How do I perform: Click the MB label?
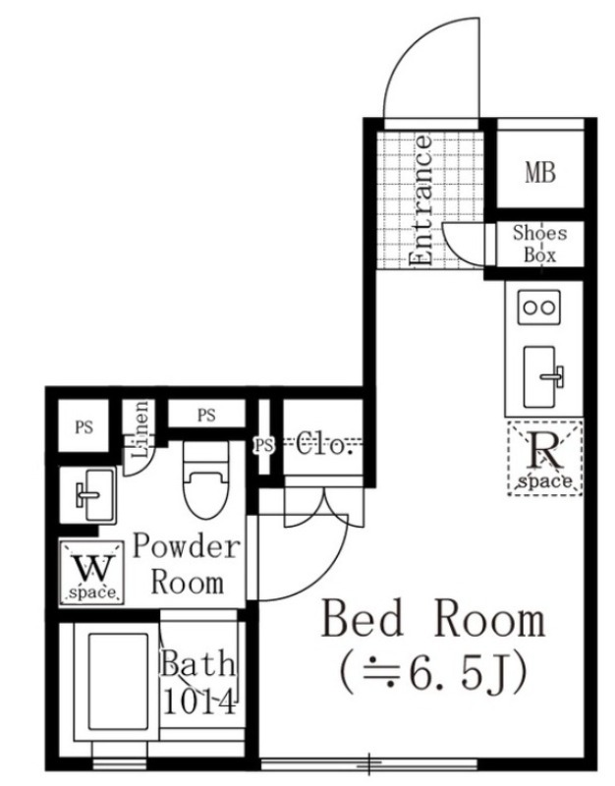[x=540, y=173]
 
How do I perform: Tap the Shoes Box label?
[x=539, y=244]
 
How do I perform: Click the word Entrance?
[x=420, y=199]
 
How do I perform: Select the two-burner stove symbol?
[x=539, y=307]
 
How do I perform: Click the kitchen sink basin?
[x=539, y=377]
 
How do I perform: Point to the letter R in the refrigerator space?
[x=545, y=451]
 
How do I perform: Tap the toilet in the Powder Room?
[x=206, y=479]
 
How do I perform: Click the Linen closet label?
[x=140, y=429]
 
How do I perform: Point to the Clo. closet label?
[x=322, y=444]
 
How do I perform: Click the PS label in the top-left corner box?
[x=84, y=427]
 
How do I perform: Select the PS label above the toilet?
[x=206, y=415]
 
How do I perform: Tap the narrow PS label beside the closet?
[x=264, y=445]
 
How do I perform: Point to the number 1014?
[x=199, y=702]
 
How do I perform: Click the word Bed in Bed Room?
[x=362, y=620]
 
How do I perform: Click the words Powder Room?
[x=187, y=564]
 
